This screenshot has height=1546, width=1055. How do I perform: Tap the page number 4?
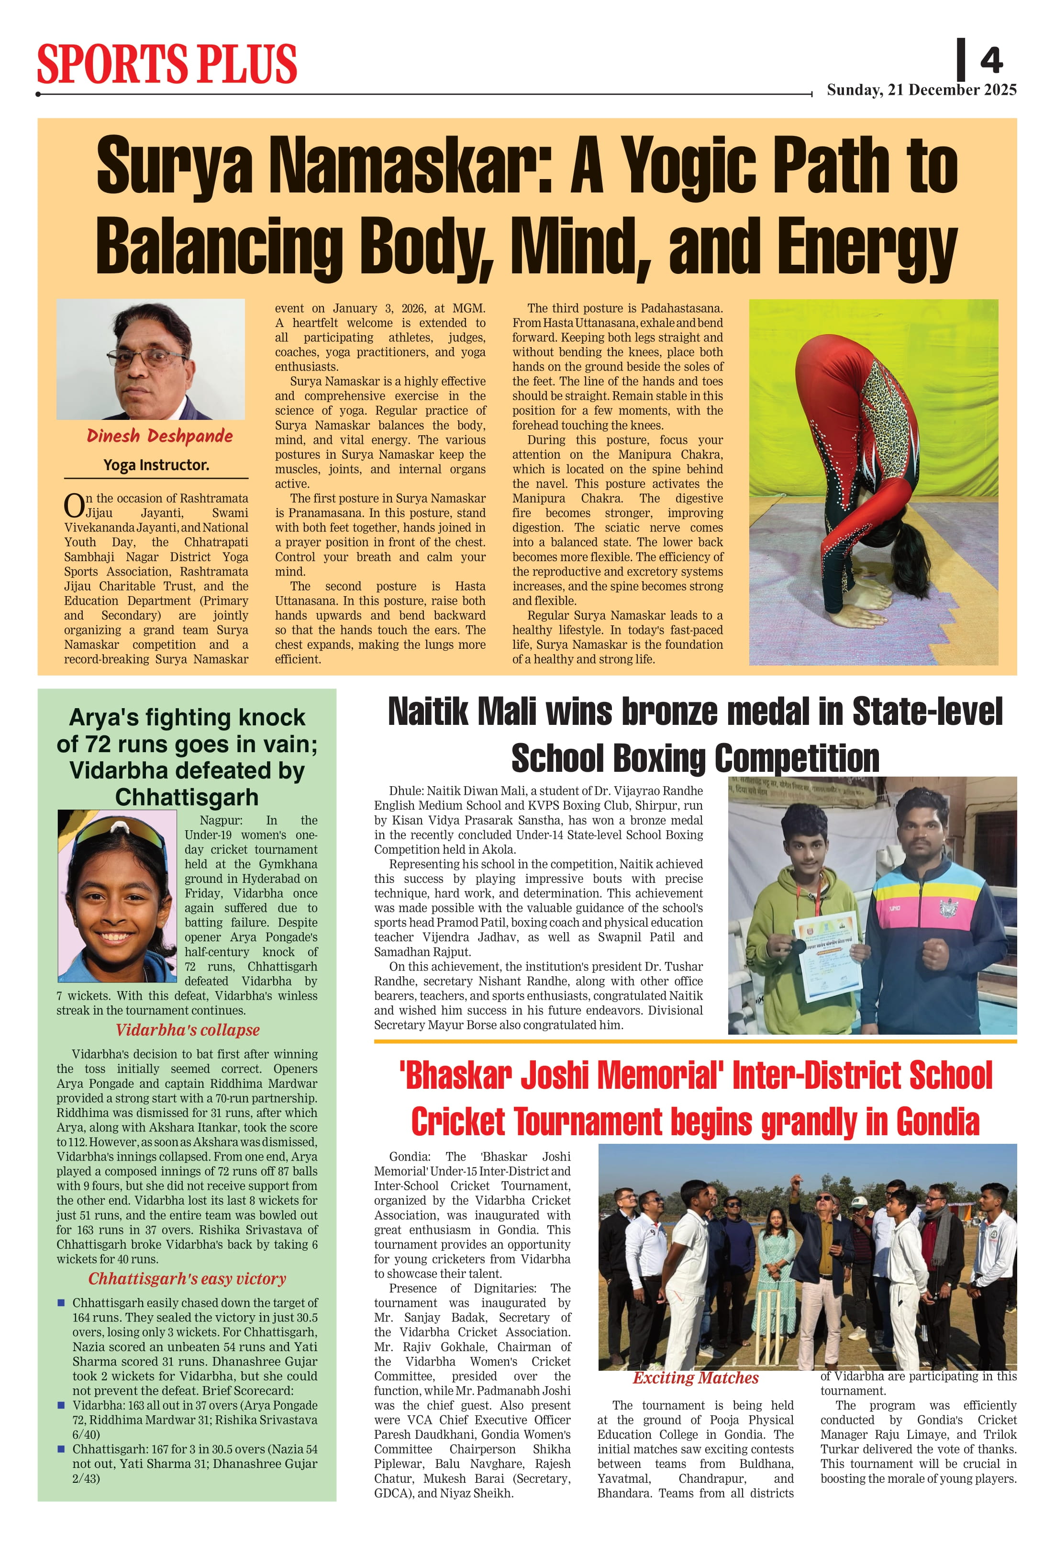990,61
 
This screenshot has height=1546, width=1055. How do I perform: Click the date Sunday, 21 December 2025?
922,90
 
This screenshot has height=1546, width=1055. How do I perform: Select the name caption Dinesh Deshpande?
159,436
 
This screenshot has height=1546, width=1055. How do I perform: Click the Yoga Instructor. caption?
156,465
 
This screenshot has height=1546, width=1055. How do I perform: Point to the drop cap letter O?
73,506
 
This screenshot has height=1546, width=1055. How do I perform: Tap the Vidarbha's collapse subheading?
188,1030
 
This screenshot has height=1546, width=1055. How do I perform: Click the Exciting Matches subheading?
695,1377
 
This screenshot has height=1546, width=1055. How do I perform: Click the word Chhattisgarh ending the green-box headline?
187,797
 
